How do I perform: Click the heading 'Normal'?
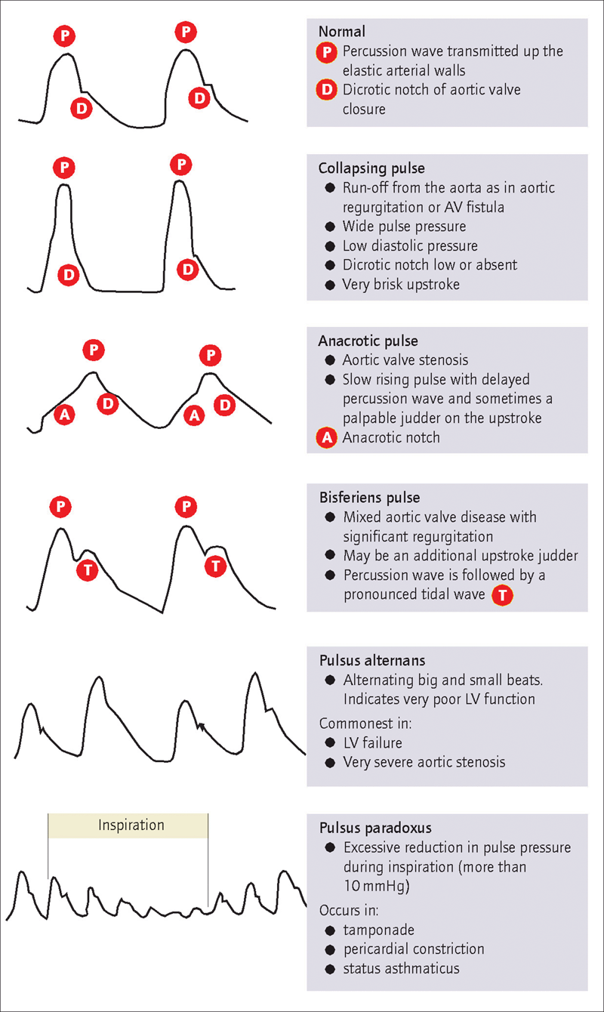(x=341, y=32)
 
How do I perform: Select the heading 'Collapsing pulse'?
(x=371, y=168)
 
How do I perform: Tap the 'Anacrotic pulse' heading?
(x=368, y=341)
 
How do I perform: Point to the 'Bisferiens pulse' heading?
(x=369, y=498)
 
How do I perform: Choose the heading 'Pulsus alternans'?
(x=372, y=661)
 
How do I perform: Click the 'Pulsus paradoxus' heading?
(x=375, y=828)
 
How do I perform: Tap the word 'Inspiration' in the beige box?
(x=131, y=825)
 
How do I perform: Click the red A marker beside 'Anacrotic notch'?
(x=327, y=437)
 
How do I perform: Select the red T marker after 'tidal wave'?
(x=502, y=595)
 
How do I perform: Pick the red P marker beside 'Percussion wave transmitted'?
(x=327, y=52)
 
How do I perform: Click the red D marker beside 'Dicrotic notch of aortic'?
(x=327, y=90)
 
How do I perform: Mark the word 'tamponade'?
(x=378, y=930)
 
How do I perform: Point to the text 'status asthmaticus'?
(x=401, y=968)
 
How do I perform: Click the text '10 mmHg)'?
(x=377, y=886)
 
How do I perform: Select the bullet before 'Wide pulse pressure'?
(x=330, y=227)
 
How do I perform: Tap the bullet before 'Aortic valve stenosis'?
(x=330, y=360)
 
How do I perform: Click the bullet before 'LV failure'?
(x=330, y=742)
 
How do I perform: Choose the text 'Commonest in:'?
(x=365, y=724)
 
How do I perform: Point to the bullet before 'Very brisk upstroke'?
(x=330, y=285)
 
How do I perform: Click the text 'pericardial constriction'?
(x=414, y=949)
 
